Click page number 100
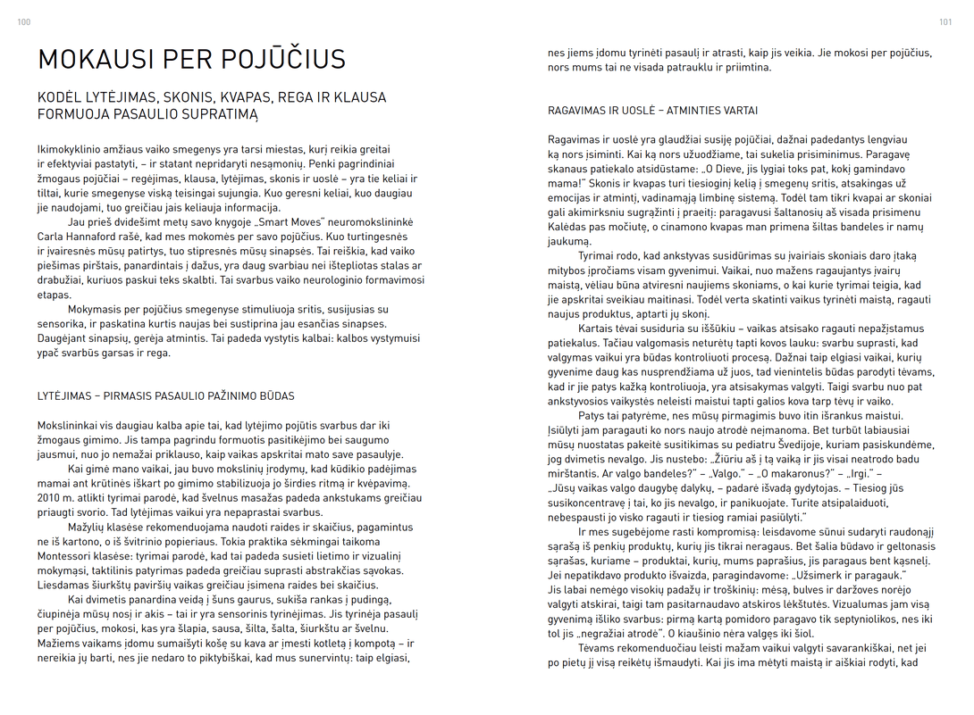[x=23, y=22]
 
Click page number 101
[x=945, y=22]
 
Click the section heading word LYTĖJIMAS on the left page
[x=69, y=395]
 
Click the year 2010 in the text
[x=50, y=498]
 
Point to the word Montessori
[x=71, y=555]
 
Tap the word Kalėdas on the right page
[x=568, y=227]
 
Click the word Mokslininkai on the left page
[x=71, y=426]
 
